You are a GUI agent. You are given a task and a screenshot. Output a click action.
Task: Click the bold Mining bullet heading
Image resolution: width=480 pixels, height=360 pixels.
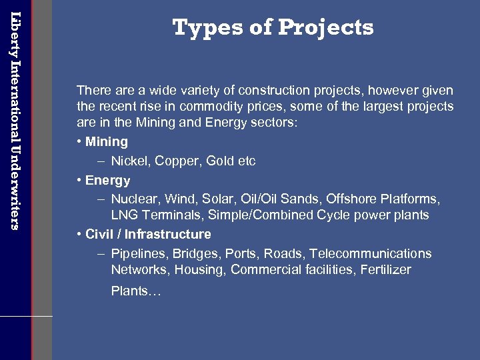107,142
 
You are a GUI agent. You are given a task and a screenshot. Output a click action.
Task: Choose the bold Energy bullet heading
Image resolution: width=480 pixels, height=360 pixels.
107,181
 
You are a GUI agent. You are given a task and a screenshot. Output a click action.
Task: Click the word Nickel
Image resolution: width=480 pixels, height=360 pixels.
129,161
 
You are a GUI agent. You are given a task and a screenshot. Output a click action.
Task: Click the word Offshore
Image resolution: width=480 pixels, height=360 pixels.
355,199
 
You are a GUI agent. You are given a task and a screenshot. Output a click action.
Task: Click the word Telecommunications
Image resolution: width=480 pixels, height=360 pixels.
371,254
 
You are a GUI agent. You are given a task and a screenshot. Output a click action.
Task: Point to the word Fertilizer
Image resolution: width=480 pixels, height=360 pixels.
388,270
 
